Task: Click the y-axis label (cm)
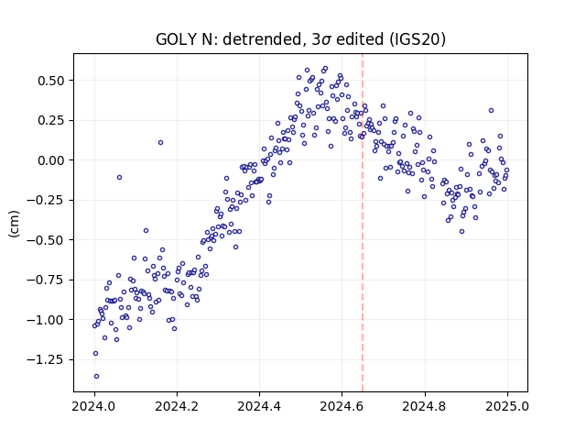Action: point(14,224)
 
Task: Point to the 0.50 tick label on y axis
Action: point(50,81)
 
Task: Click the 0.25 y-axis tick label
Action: point(50,120)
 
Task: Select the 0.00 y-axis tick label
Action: point(50,160)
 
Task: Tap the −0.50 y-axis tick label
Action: point(45,240)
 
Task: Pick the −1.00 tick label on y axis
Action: point(45,320)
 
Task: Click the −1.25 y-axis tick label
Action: point(45,359)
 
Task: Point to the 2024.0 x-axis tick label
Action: point(94,406)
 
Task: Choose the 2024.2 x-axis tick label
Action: point(177,406)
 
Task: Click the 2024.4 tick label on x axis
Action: point(259,406)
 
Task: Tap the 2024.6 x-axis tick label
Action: point(342,406)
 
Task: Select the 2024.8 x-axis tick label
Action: point(425,406)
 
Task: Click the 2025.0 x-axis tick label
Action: point(507,406)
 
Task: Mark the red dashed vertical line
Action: point(363,223)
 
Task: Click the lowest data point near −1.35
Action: point(96,377)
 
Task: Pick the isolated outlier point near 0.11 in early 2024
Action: point(161,143)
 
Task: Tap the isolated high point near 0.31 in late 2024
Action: point(491,110)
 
